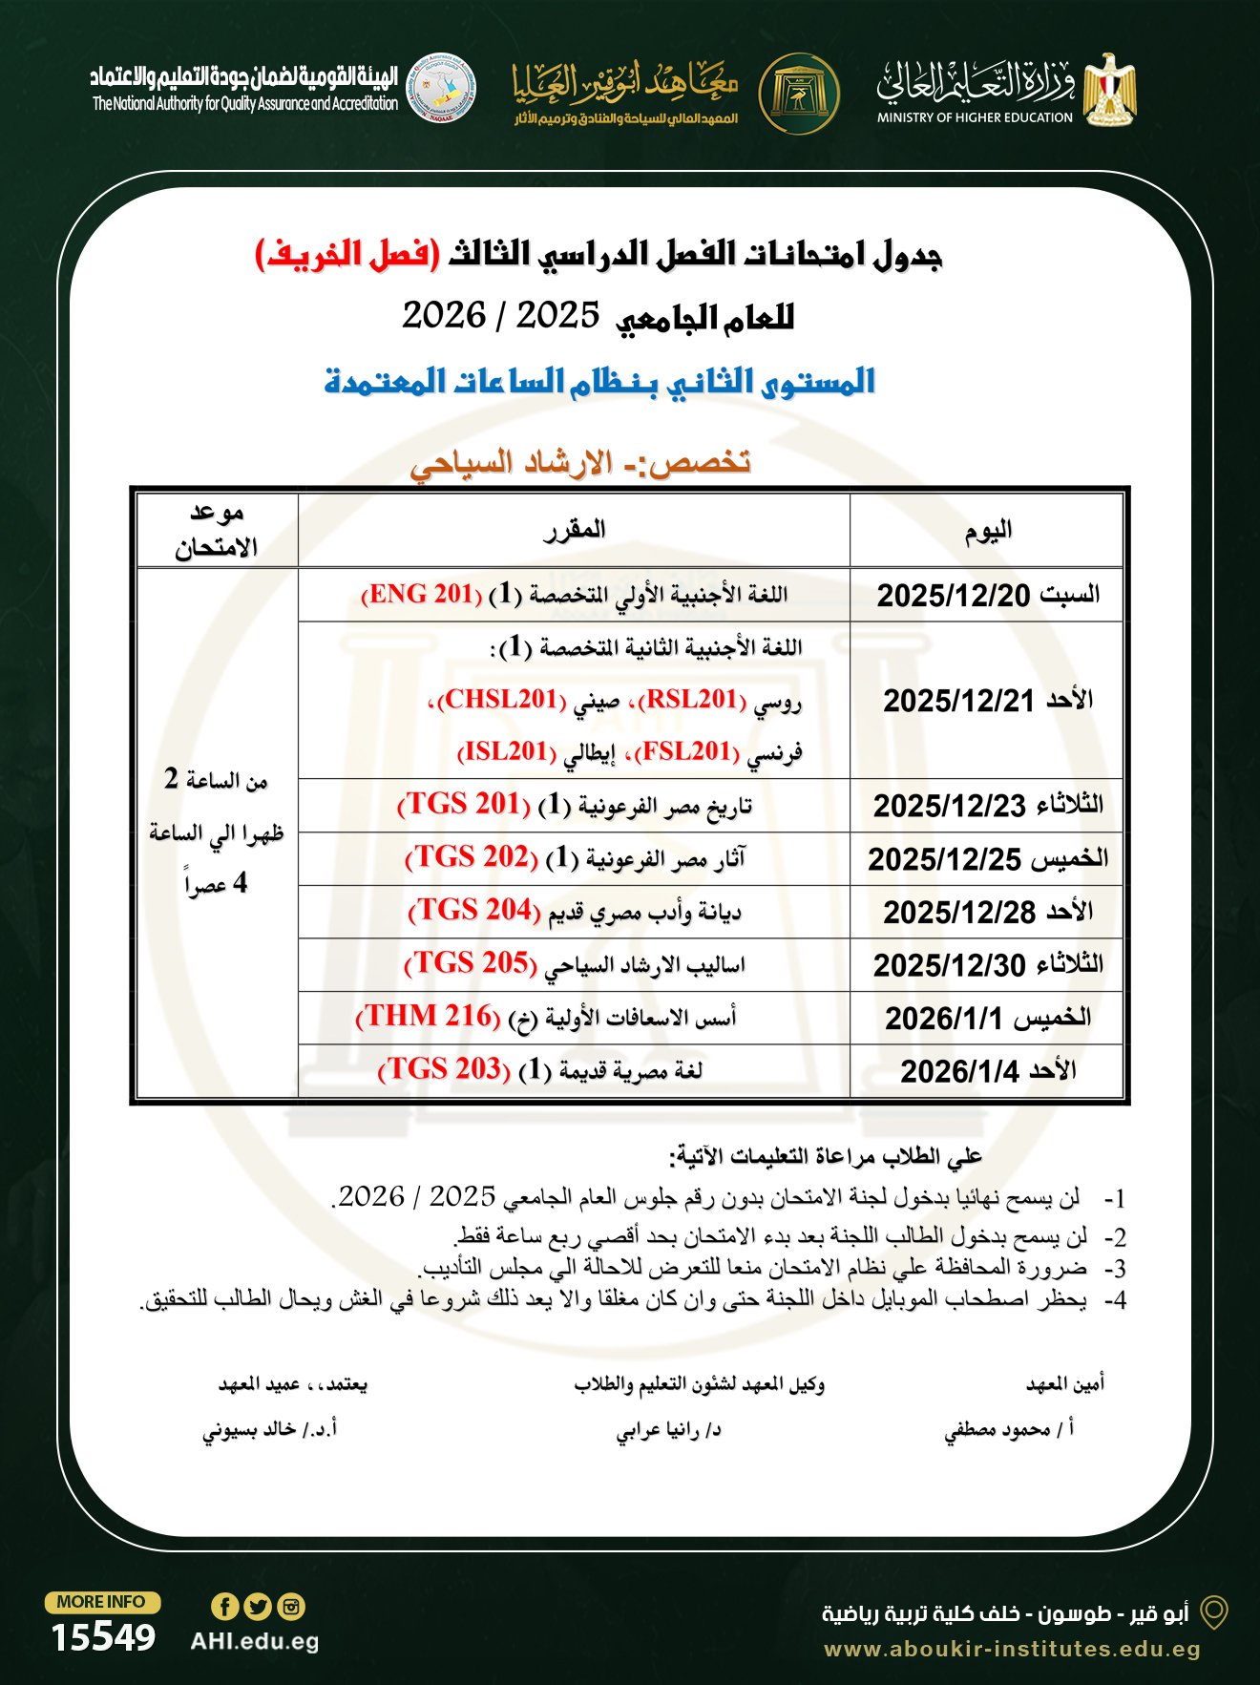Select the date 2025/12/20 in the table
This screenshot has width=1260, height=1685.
point(954,596)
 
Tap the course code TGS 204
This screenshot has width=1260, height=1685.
point(474,911)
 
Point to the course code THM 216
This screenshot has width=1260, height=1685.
point(429,1017)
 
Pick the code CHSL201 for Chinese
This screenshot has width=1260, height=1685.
point(501,700)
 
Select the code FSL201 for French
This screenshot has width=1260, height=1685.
point(687,752)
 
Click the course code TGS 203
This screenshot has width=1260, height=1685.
point(444,1069)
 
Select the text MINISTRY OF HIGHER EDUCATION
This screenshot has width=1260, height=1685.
point(975,118)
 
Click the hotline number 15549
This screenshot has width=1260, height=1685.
point(103,1637)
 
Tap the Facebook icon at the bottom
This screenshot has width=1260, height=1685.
point(224,1607)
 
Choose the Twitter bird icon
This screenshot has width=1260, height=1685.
point(258,1607)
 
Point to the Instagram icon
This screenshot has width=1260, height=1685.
point(291,1607)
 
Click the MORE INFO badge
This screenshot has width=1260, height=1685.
point(102,1602)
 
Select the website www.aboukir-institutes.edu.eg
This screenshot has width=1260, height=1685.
point(1012,1649)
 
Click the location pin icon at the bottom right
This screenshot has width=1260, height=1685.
point(1213,1612)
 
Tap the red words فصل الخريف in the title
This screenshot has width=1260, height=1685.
point(347,254)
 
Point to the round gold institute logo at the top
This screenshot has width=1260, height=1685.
point(799,94)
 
